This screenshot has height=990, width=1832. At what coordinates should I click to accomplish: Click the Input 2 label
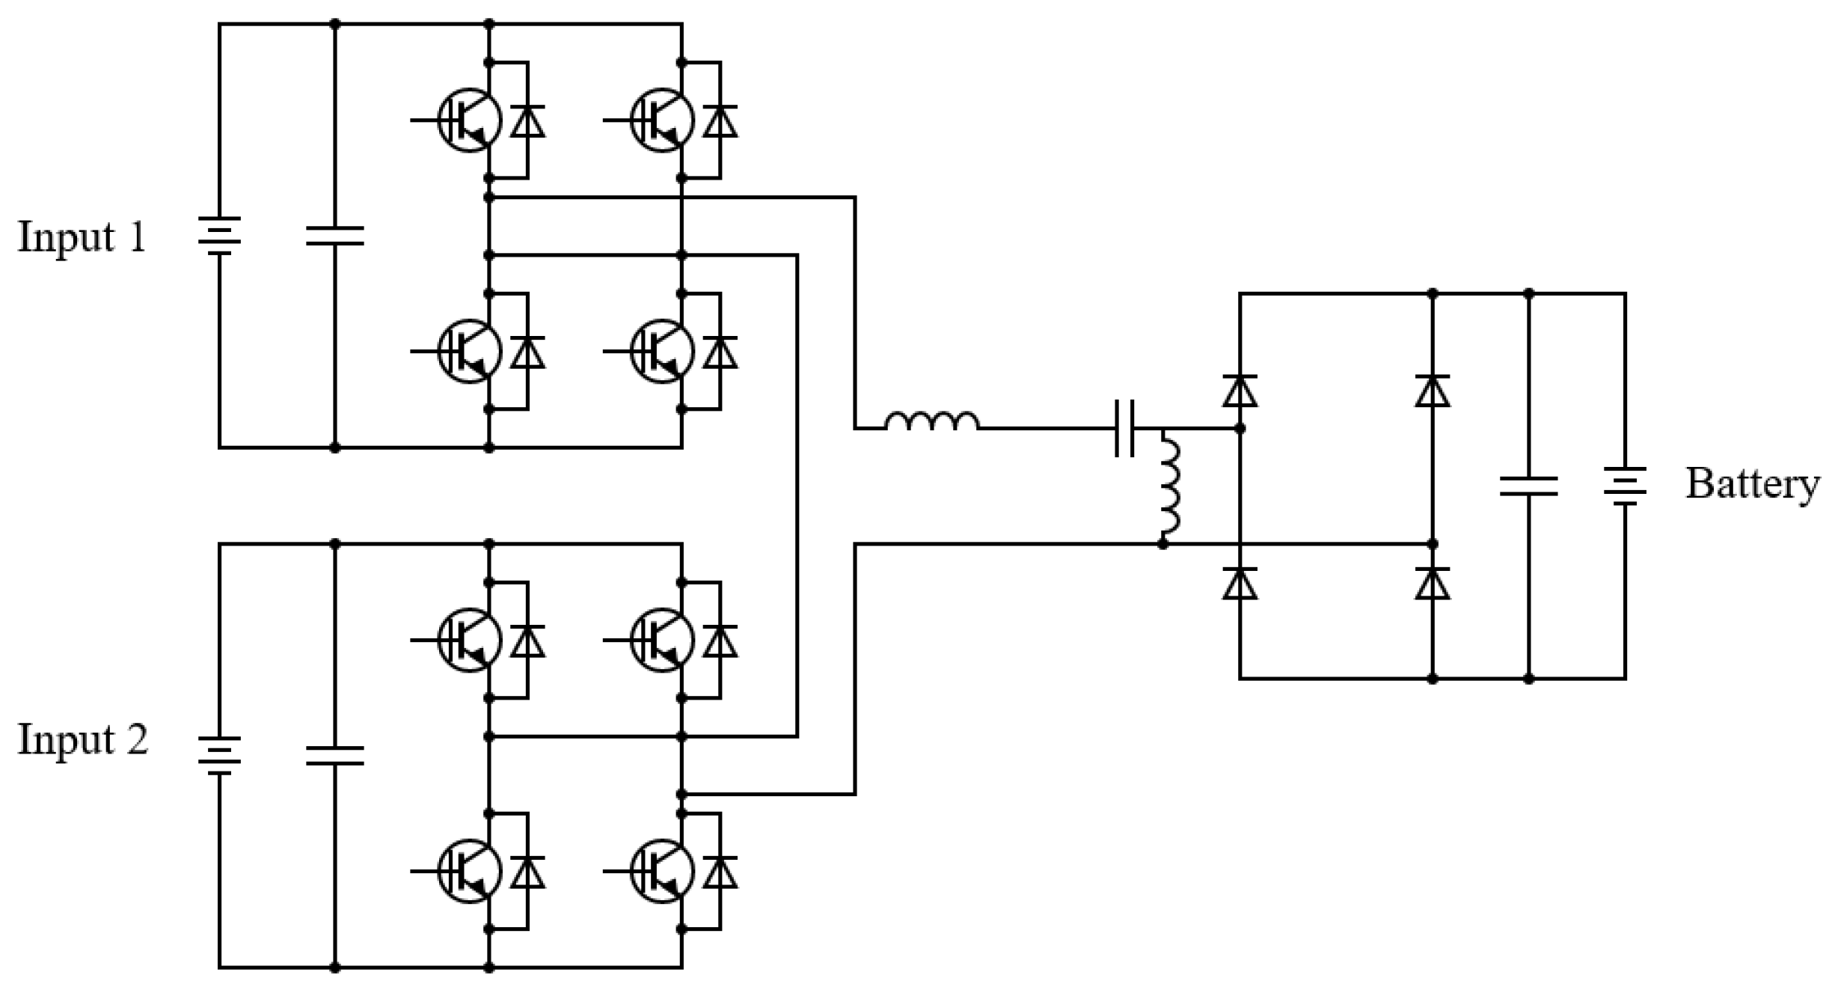point(83,740)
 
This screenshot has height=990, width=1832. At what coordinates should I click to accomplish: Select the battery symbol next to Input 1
point(219,236)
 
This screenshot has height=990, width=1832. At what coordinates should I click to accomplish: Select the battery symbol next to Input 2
point(219,756)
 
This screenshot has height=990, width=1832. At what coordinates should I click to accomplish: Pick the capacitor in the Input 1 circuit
point(335,236)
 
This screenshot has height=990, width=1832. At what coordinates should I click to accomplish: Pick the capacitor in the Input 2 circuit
point(335,756)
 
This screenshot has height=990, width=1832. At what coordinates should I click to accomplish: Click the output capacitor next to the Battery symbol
point(1528,486)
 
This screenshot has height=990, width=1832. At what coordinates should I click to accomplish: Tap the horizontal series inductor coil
point(931,422)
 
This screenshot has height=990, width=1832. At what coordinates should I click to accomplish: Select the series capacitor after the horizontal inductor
point(1124,428)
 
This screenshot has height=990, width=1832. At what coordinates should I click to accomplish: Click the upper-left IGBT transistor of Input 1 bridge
point(470,120)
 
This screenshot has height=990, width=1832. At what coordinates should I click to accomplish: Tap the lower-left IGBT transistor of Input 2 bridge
point(470,871)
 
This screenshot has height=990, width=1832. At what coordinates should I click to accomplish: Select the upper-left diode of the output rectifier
point(1240,391)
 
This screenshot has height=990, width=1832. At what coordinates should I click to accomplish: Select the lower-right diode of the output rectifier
point(1432,584)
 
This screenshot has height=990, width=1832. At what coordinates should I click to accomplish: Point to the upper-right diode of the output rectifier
point(1432,391)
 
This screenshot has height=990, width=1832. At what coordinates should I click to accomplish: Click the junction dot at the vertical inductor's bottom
point(1162,544)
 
